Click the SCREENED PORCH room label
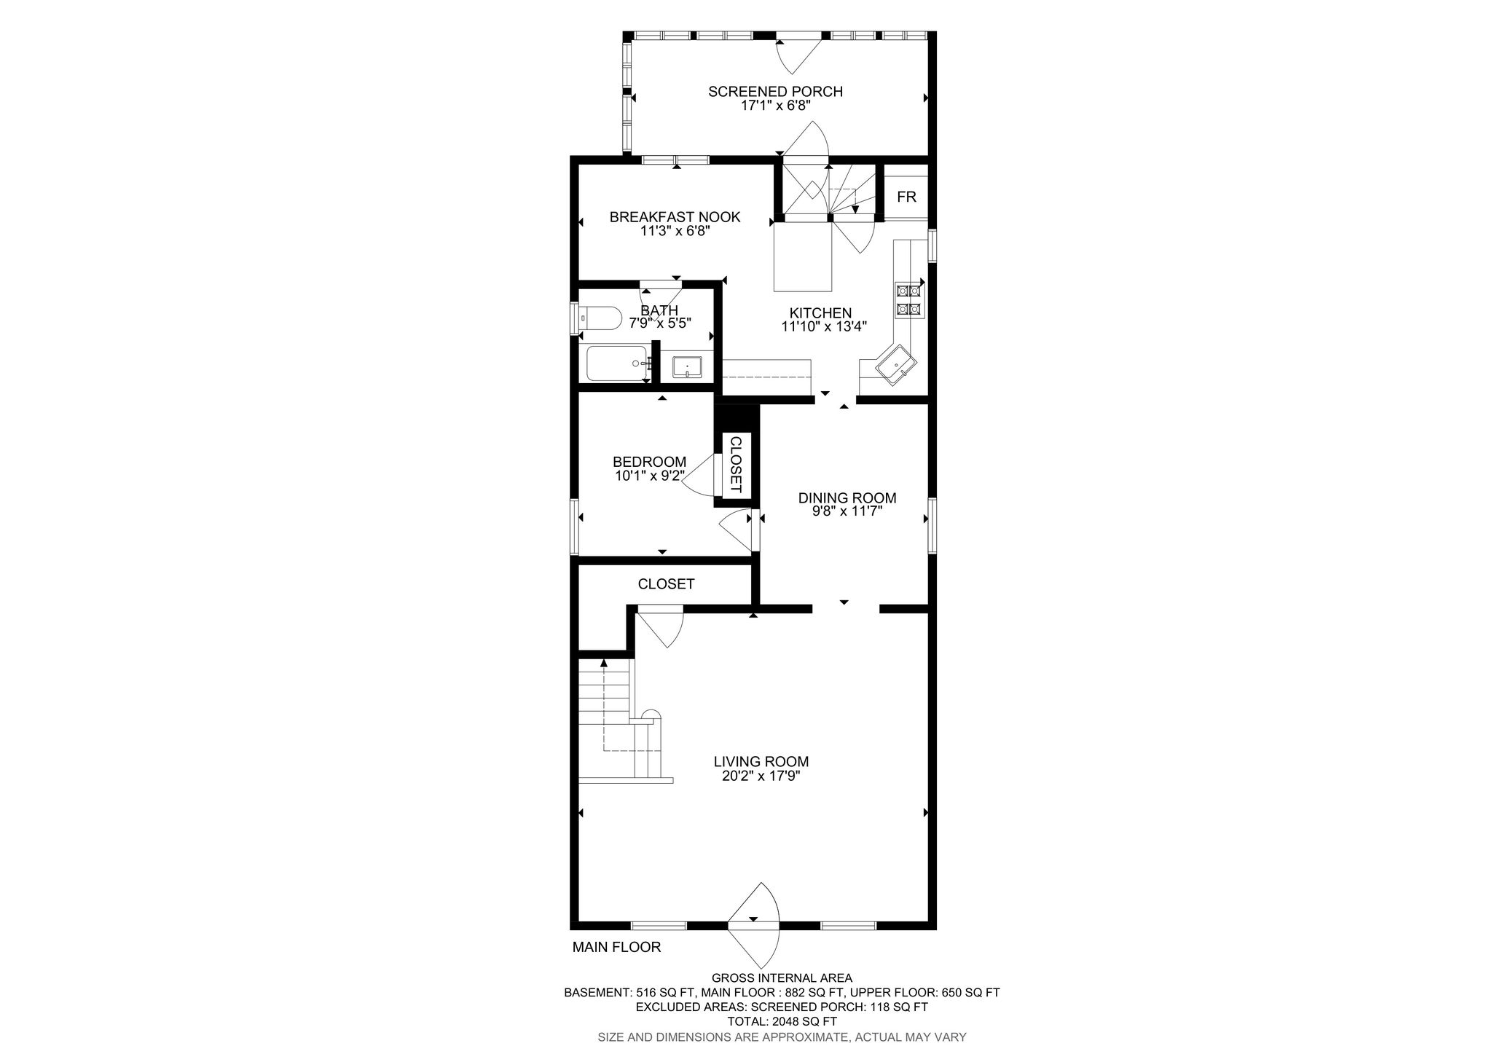pos(776,92)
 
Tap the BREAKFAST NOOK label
pos(675,217)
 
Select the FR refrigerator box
pos(906,197)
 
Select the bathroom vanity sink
pos(687,366)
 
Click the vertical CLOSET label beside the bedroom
pos(736,465)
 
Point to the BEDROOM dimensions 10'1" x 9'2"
pos(650,476)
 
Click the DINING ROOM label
pos(847,498)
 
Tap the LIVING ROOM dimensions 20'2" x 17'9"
pos(761,776)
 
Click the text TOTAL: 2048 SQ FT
pos(782,1021)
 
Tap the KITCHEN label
pos(825,313)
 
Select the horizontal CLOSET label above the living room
pos(666,584)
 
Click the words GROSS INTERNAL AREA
pos(782,978)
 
